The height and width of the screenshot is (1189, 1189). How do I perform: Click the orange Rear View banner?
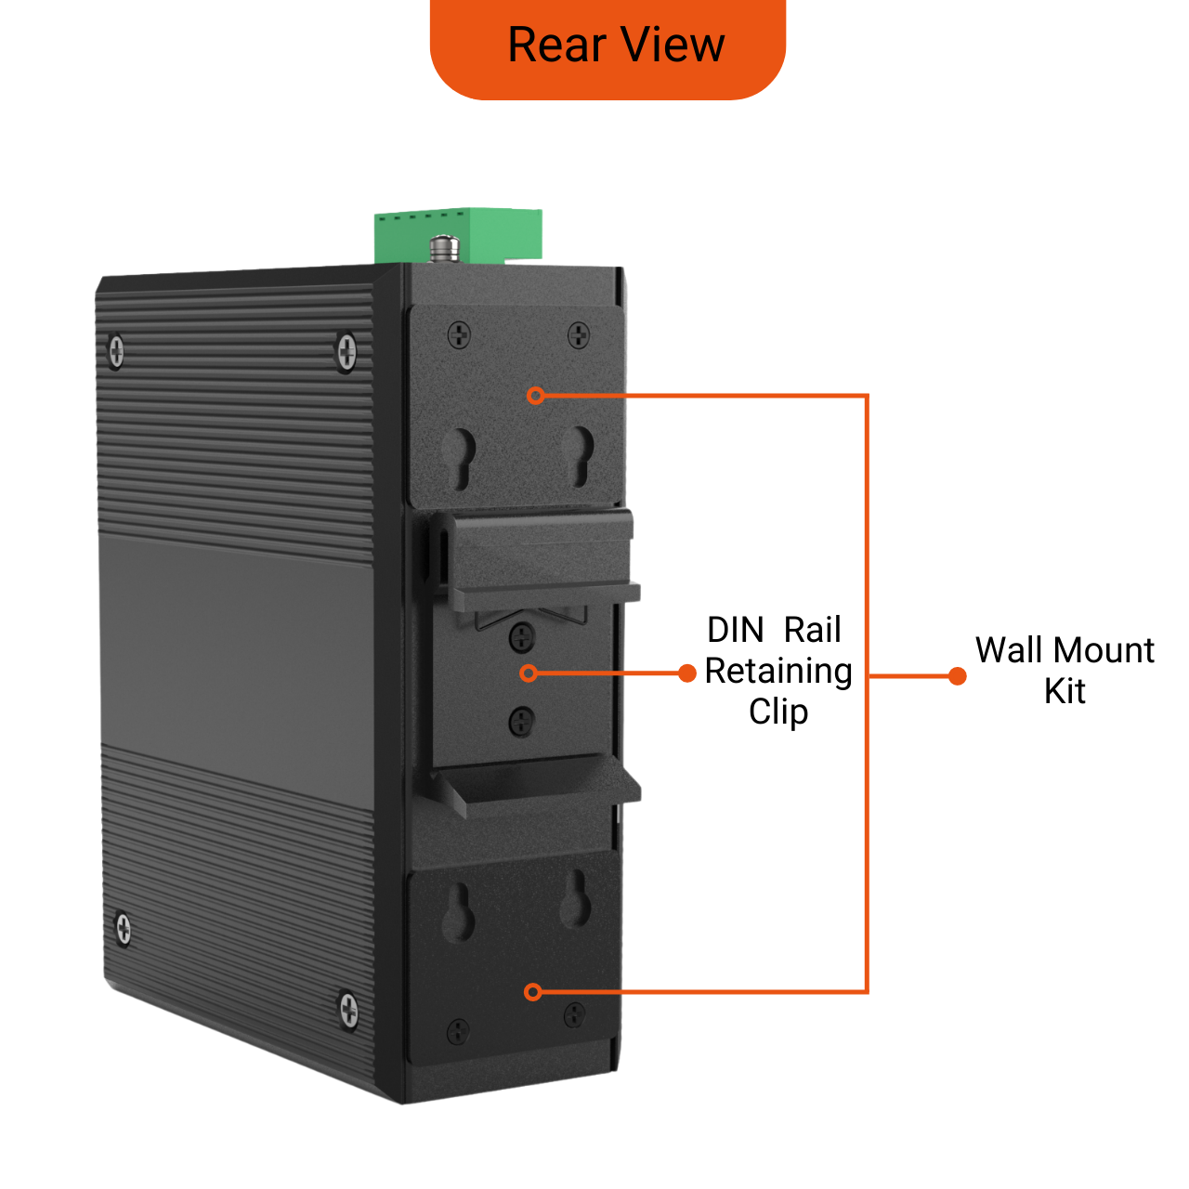pos(608,46)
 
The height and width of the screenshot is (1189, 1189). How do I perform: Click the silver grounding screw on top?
pos(444,248)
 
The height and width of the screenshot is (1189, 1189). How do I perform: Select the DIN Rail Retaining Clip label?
pos(778,671)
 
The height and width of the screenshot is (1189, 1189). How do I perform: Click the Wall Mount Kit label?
pos(1065,670)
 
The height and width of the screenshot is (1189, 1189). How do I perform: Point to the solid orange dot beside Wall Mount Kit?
pos(957,676)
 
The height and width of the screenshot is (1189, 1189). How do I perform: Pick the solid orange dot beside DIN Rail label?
pos(687,673)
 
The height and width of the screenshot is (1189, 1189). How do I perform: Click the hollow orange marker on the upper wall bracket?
pos(535,396)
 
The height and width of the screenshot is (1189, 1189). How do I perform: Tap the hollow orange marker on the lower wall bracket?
pos(532,992)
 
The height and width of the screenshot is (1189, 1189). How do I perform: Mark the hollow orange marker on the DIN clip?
pos(529,673)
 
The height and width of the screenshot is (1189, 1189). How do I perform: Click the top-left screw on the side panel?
pos(116,351)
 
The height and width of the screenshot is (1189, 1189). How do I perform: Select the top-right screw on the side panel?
pos(346,351)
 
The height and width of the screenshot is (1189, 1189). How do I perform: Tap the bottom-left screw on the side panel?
pos(123,928)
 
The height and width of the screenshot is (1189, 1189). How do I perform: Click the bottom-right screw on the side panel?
pos(348,1009)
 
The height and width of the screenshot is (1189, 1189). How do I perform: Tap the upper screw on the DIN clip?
pos(523,636)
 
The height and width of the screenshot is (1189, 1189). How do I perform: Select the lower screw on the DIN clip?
pos(522,719)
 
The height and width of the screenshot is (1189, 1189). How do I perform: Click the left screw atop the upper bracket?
pos(459,334)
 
